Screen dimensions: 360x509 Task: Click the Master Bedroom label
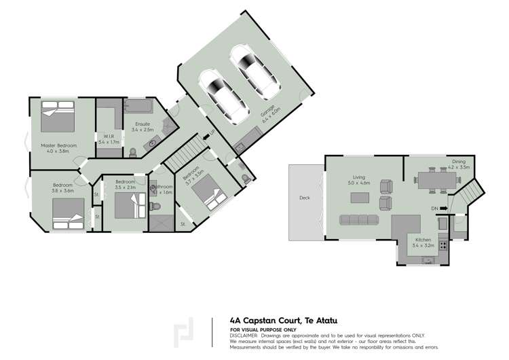pos(58,145)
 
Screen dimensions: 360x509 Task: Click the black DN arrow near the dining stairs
pos(443,208)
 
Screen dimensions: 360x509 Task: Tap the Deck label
pos(305,199)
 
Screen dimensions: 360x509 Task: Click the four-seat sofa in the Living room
pos(358,219)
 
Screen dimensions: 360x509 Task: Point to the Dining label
pos(459,161)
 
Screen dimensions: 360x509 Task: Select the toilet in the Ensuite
pos(133,151)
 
